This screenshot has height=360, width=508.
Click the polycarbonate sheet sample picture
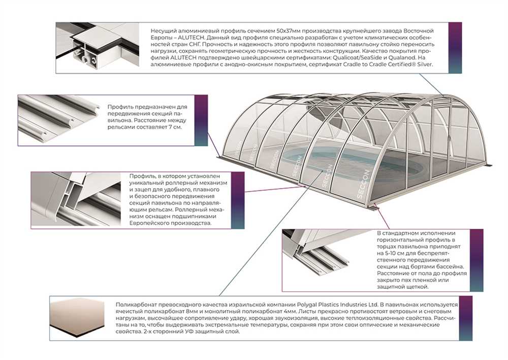tap(77, 318)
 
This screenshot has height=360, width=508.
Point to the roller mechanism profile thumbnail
tap(76, 199)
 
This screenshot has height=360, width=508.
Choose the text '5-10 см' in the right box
tap(394, 253)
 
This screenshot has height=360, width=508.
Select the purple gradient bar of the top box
tap(455, 48)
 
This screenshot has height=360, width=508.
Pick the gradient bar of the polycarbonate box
tap(465, 318)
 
